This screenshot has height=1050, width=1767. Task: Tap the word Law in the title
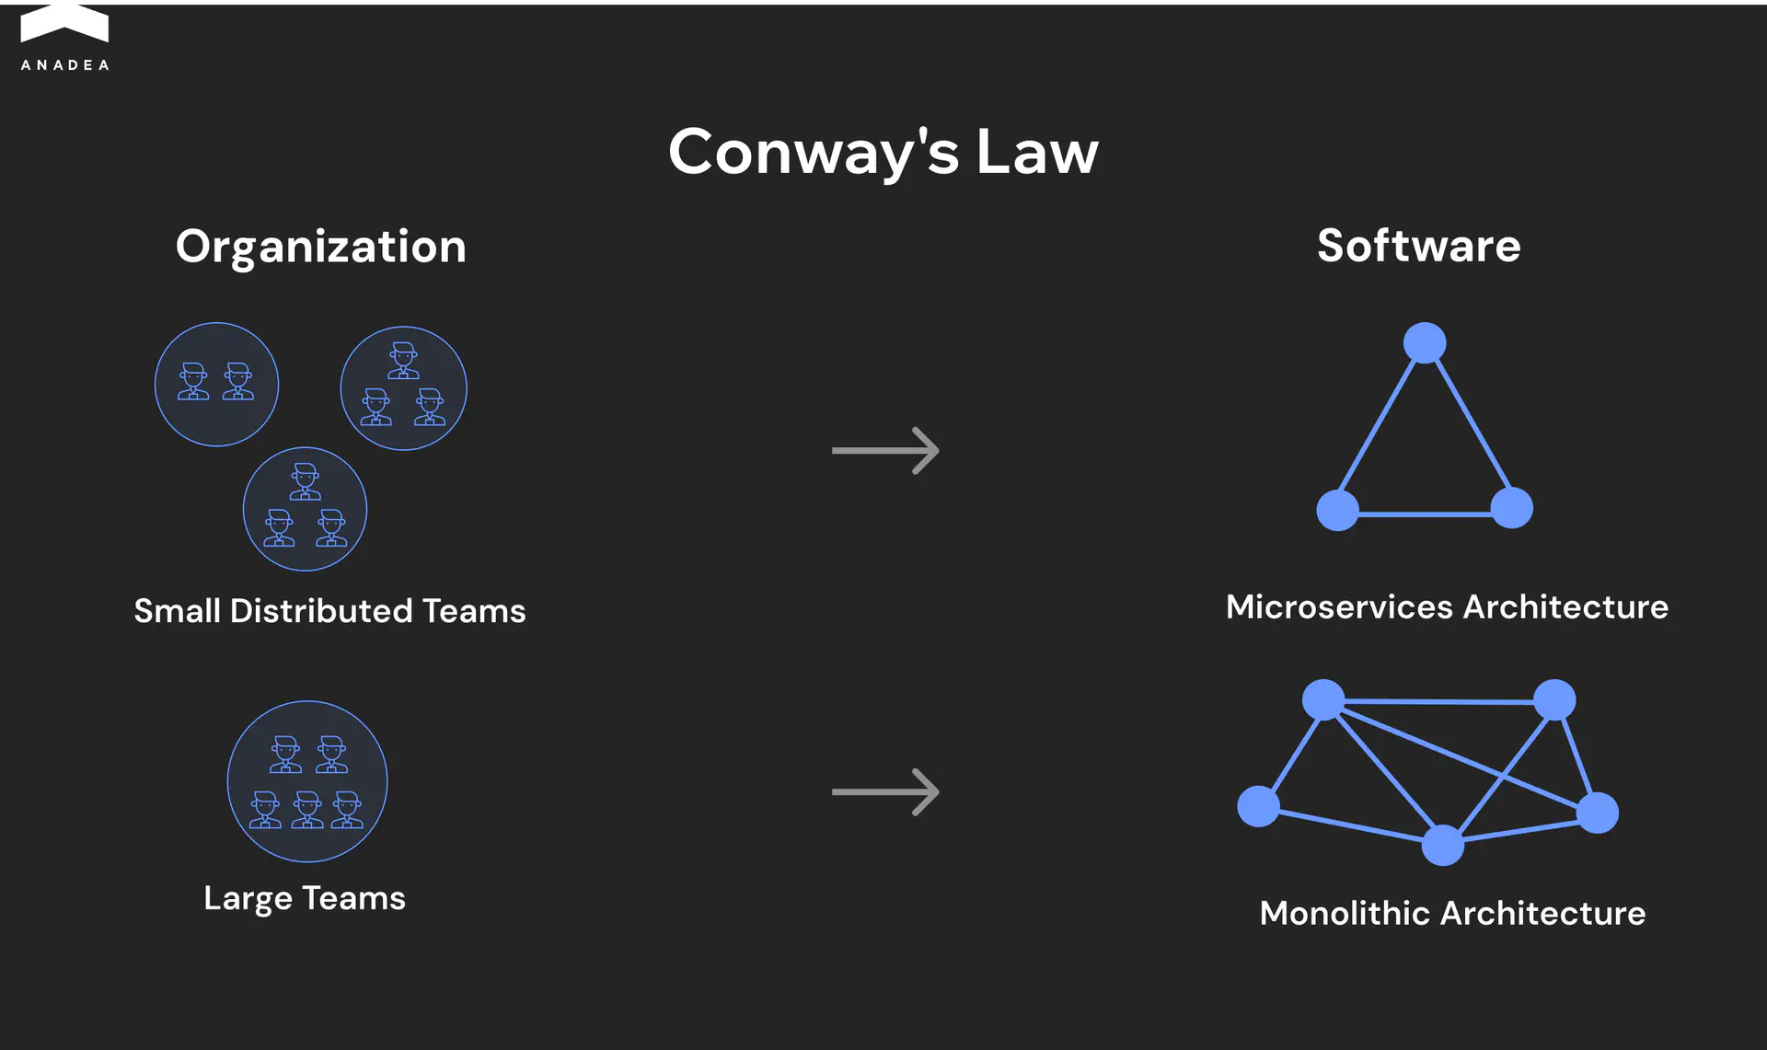tap(1037, 152)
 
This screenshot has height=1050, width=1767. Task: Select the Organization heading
tap(320, 247)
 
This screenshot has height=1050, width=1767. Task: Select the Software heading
tap(1418, 246)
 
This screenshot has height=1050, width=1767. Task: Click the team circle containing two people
tap(216, 385)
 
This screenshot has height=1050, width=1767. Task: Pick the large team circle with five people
tap(307, 781)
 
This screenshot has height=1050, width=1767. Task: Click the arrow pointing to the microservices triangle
tap(885, 450)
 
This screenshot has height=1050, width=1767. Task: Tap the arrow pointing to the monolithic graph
tap(885, 791)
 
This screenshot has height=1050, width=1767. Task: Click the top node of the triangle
tap(1425, 343)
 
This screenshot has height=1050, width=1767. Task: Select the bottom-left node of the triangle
tap(1337, 510)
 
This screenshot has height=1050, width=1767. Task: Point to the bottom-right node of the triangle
tap(1511, 508)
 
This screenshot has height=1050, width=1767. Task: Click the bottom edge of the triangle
tap(1425, 513)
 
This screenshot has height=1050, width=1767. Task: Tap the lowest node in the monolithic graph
tap(1442, 845)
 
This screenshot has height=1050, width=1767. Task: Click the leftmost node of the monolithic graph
tap(1258, 806)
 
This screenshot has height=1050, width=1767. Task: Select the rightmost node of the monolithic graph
tap(1598, 813)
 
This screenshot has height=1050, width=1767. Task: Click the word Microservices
tap(1339, 607)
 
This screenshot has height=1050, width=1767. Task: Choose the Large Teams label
tap(305, 898)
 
